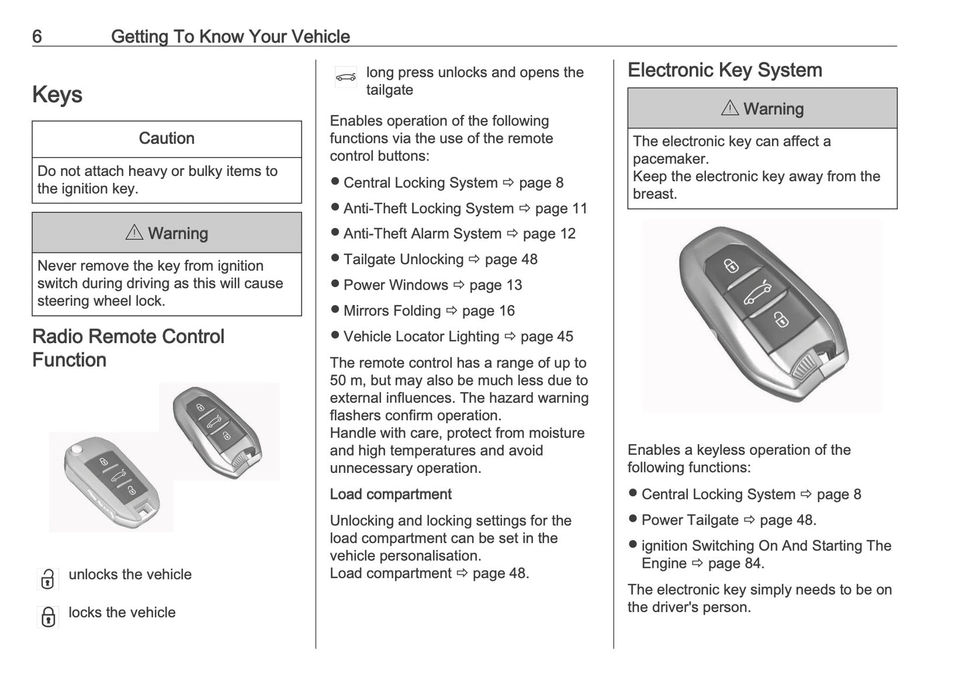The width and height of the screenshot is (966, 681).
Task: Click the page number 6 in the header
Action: (x=37, y=36)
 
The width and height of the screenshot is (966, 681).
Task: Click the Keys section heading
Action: (x=57, y=94)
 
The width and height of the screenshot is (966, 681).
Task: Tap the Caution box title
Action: (x=166, y=138)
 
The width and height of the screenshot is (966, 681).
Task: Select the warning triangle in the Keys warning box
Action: (x=134, y=232)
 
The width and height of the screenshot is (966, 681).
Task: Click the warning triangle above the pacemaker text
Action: (x=730, y=108)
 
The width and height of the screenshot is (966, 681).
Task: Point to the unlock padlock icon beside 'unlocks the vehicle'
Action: (x=47, y=579)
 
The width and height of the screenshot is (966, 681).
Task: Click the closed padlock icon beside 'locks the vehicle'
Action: (x=48, y=616)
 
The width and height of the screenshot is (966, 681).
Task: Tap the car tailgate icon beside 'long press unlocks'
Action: (x=346, y=78)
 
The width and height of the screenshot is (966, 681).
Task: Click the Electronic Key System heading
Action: (x=725, y=70)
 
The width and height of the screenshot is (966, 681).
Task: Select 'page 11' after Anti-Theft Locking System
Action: (x=561, y=209)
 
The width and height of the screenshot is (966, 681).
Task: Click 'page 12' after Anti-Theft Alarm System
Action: (x=549, y=234)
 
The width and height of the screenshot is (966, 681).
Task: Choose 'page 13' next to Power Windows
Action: (x=495, y=286)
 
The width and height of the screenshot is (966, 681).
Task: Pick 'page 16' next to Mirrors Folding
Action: (x=488, y=311)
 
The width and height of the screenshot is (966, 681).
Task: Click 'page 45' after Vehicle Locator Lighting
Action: (x=547, y=337)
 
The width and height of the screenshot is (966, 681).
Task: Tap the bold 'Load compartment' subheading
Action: (x=390, y=494)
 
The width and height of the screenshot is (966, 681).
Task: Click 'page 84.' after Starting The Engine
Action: (x=736, y=564)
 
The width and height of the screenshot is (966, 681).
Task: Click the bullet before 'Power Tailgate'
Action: (x=632, y=520)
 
